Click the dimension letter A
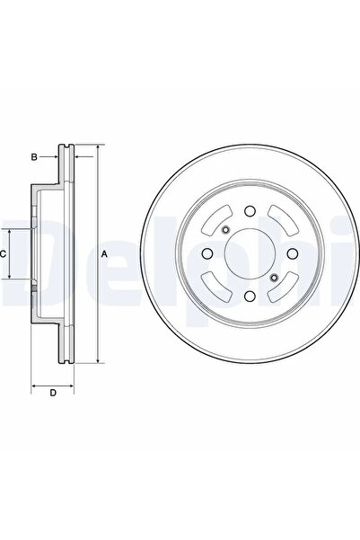[x=104, y=255]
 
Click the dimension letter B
[x=34, y=157]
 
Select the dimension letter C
[x=4, y=254]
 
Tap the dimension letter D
[x=53, y=393]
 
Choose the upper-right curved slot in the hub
[x=281, y=220]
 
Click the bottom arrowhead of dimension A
[x=94, y=361]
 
